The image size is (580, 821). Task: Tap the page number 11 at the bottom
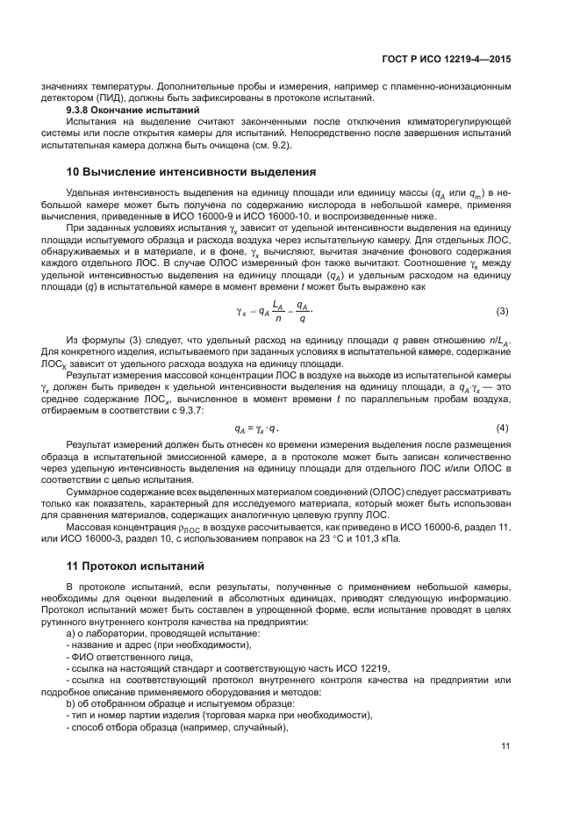pos(505,746)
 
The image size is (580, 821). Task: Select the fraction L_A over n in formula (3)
pos(276,313)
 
